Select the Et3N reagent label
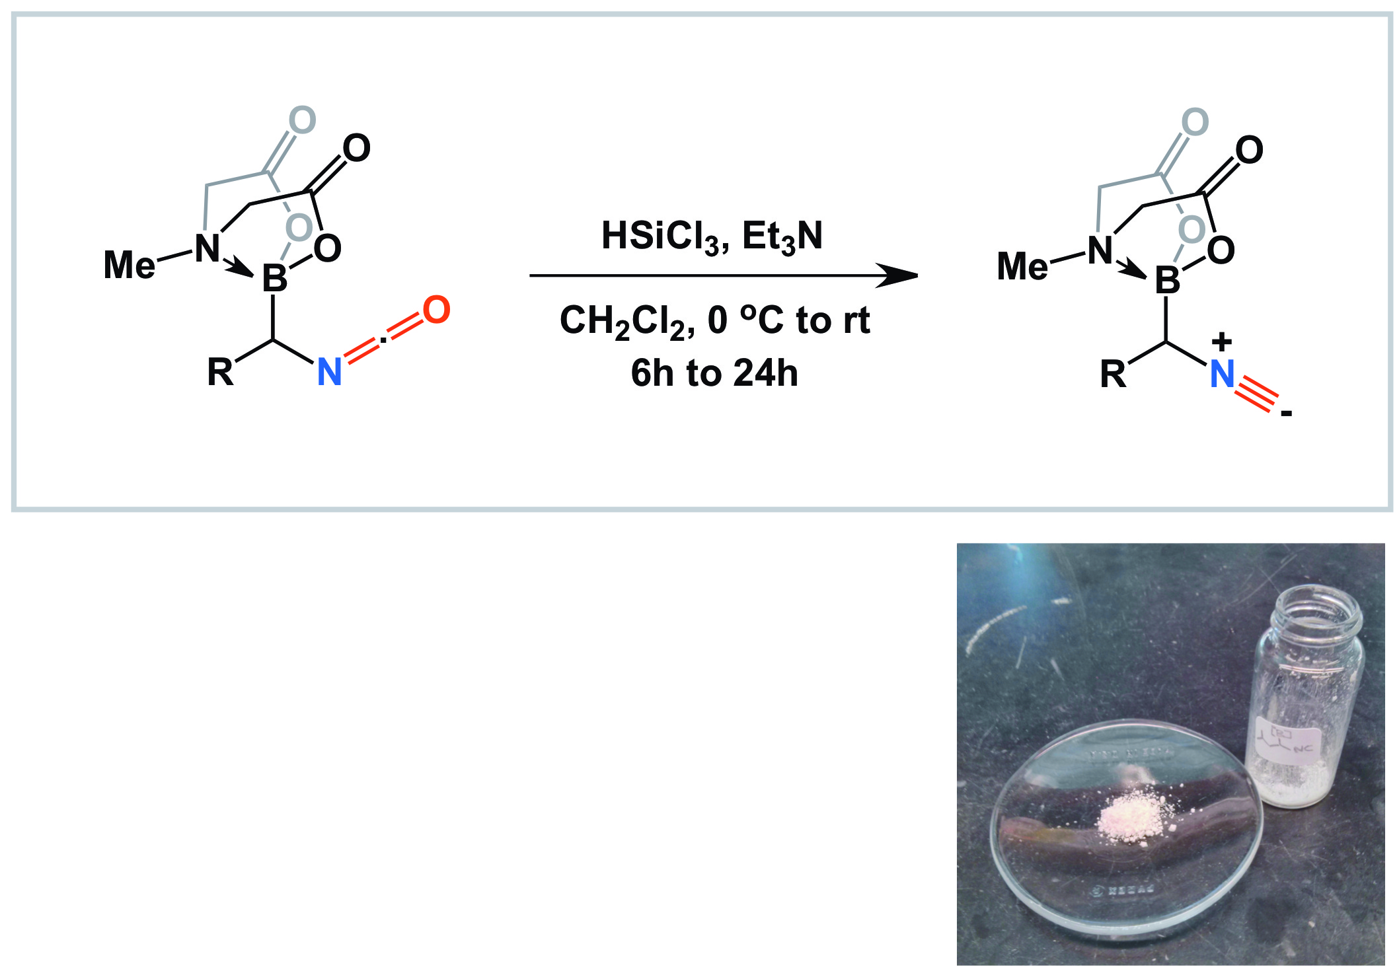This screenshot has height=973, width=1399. pos(782,236)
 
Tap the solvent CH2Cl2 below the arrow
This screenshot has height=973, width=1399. pos(624,322)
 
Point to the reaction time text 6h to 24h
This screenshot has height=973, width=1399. pos(714,373)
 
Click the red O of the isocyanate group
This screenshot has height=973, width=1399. pos(436,310)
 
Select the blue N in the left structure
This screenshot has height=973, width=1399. pos(329,372)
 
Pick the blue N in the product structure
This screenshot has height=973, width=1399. pos(1222,375)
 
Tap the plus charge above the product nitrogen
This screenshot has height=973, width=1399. pos(1222,342)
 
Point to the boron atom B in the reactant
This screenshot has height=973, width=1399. pos(275,278)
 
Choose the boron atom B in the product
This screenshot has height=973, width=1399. pos(1167,281)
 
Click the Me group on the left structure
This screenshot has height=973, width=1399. pos(130,265)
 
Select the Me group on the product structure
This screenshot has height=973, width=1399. pos(1022,267)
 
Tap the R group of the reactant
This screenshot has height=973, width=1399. pos(220,372)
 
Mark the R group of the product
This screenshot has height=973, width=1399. pos(1113,375)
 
